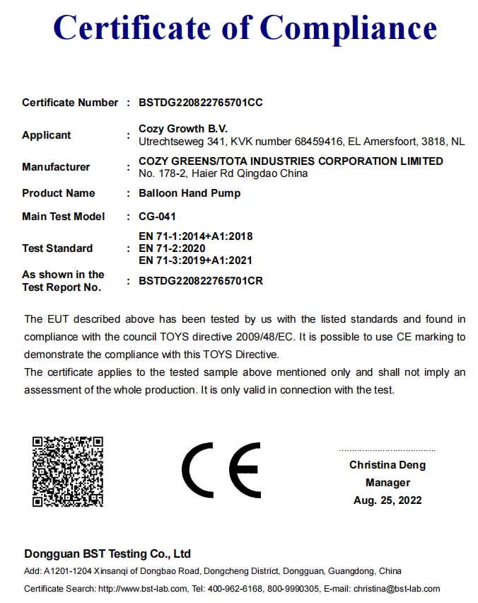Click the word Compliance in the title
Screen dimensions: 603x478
[x=349, y=28]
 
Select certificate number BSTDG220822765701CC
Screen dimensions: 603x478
[x=201, y=103]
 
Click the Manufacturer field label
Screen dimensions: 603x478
[x=56, y=167]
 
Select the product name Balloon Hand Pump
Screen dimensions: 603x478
[x=190, y=193]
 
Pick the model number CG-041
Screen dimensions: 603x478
[x=158, y=217]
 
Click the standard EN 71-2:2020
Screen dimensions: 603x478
[x=172, y=248]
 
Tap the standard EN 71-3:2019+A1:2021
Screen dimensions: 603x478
[x=196, y=260]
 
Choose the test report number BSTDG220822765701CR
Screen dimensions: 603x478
[x=201, y=281]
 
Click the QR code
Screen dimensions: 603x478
[x=68, y=471]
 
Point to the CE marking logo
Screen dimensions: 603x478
[x=221, y=471]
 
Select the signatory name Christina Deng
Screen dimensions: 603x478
[x=387, y=465]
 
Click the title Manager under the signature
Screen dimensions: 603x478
[x=387, y=483]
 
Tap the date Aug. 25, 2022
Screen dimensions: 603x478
[x=387, y=500]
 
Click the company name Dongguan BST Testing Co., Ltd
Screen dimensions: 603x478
[x=107, y=553]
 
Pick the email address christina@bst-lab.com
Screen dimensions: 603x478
[x=397, y=589]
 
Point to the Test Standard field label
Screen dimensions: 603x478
[x=57, y=248]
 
